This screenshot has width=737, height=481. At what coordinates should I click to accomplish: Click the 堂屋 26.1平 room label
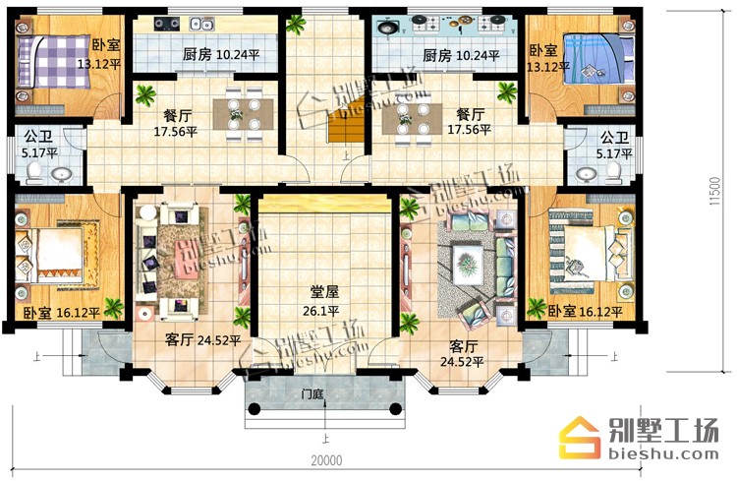point(325,301)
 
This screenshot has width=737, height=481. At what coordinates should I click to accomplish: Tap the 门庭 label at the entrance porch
point(312,393)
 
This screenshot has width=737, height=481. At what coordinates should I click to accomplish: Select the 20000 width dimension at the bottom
point(326,460)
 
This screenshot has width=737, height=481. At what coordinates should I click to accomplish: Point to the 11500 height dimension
point(715,191)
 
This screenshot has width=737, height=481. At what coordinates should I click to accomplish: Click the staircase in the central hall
point(347,122)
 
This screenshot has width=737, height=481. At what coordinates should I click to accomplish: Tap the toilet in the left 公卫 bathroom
point(33,174)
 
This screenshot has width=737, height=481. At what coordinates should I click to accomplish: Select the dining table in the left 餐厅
point(243,113)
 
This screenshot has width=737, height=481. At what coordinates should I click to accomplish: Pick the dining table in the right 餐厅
point(412,119)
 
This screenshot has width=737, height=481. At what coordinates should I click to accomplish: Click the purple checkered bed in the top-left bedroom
point(53,62)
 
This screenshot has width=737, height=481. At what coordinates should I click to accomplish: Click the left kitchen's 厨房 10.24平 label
point(221,55)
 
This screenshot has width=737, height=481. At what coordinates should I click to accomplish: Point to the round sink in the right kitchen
point(388,29)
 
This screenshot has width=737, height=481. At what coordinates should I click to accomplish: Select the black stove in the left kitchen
point(167,23)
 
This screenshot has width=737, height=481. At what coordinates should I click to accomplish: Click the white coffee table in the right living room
point(467,265)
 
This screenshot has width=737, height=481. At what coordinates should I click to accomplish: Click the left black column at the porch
point(254,408)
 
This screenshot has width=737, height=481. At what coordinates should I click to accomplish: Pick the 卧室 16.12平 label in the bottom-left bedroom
point(62,313)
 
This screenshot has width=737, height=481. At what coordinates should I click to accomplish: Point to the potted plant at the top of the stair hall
point(296,24)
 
